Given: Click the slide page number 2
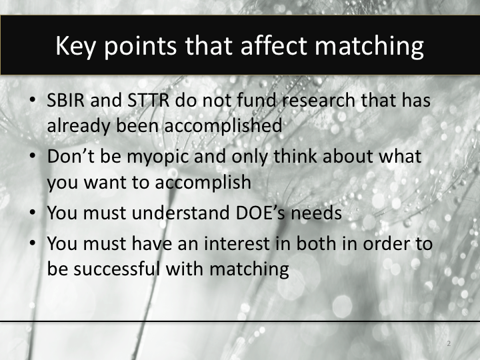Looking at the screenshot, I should coord(449,344).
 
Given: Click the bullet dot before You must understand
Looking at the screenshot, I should coord(33,214).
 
